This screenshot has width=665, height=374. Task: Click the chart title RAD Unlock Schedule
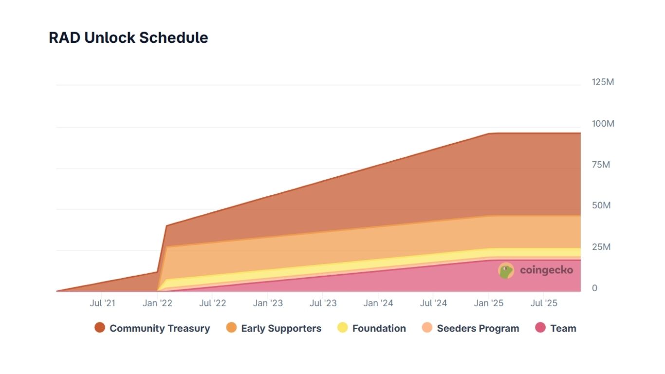click(x=129, y=37)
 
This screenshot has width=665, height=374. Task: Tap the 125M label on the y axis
click(x=603, y=82)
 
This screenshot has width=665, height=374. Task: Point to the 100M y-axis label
click(x=603, y=123)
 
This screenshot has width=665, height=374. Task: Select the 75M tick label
click(x=601, y=165)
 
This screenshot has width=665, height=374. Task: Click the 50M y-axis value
click(x=601, y=206)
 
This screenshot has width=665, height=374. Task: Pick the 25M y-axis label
click(x=601, y=247)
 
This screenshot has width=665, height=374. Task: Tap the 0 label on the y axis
click(x=594, y=288)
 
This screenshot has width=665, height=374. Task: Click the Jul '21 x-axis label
click(x=102, y=303)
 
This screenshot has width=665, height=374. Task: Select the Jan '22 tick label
click(x=157, y=303)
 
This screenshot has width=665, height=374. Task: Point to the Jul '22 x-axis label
click(x=213, y=303)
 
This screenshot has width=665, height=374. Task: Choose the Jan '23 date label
click(x=268, y=303)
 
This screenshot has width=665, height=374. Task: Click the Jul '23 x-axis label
click(x=323, y=303)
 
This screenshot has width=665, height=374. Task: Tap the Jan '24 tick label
click(x=378, y=303)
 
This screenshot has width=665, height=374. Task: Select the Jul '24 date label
click(x=433, y=303)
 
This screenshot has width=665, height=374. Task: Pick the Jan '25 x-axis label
click(x=489, y=303)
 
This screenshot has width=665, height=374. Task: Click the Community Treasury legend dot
click(x=100, y=328)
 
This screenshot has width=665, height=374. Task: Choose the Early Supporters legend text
click(x=281, y=328)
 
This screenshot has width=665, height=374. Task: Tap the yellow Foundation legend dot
click(x=342, y=328)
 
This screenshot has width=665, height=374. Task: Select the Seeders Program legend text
click(x=478, y=328)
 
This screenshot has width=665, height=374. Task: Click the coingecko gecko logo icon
click(x=506, y=271)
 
